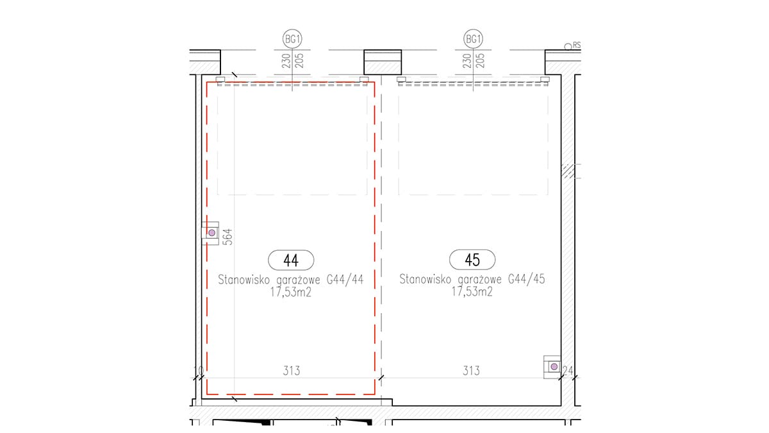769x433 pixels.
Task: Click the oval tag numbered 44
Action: coord(291,260)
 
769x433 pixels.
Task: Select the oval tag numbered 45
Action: coord(472,259)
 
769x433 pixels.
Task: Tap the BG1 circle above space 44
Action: coord(292,39)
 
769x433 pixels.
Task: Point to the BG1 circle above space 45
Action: coord(473,39)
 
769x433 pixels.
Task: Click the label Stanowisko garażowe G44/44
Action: coord(291,280)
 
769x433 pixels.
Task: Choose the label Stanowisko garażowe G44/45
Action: coord(472,278)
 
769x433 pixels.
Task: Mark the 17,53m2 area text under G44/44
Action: coord(290,292)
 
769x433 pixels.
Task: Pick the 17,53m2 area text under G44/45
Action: coord(472,291)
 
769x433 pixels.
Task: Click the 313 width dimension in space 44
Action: coord(292,371)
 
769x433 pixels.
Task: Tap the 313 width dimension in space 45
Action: coord(471,371)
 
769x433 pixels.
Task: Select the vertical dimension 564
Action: coord(227,237)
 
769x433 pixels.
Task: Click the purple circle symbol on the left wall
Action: coord(212,233)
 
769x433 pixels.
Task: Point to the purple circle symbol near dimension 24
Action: coord(554,367)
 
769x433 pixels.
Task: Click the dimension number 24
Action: coord(568,371)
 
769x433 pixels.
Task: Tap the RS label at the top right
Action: coord(577,45)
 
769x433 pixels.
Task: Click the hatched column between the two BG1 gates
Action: coord(383,62)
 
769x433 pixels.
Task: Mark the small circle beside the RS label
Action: coord(568,46)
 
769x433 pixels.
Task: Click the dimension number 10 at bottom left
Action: coord(199,371)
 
